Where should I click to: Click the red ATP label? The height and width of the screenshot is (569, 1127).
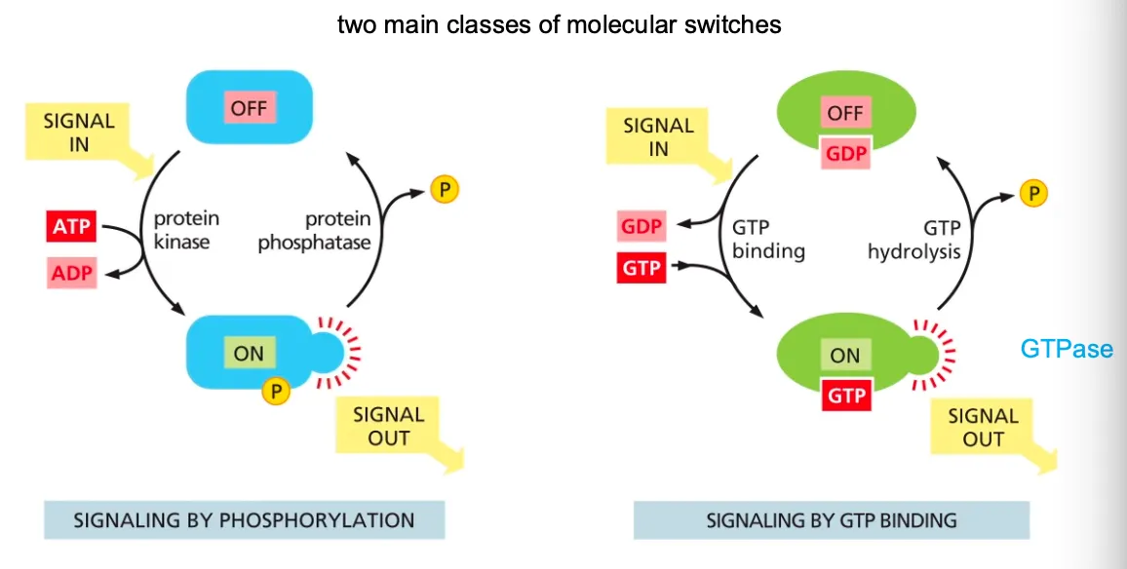pyautogui.click(x=71, y=227)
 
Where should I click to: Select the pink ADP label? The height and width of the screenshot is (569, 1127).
pyautogui.click(x=71, y=273)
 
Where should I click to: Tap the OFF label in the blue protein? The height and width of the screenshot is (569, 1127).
pyautogui.click(x=249, y=107)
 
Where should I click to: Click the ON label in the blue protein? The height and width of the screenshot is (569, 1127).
pyautogui.click(x=249, y=353)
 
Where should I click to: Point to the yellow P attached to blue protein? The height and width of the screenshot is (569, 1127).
pyautogui.click(x=277, y=392)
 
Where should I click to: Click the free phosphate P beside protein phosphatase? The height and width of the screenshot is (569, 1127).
pyautogui.click(x=443, y=189)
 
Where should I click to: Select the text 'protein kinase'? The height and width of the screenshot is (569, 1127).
pyautogui.click(x=184, y=229)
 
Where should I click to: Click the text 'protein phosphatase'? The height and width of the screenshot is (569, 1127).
pyautogui.click(x=314, y=230)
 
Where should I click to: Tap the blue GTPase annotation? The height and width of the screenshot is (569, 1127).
pyautogui.click(x=1067, y=348)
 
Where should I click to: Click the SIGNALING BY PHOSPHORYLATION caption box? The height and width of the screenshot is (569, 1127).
pyautogui.click(x=244, y=520)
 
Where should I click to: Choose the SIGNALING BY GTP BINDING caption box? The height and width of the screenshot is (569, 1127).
pyautogui.click(x=831, y=520)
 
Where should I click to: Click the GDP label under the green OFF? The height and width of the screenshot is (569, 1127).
pyautogui.click(x=844, y=153)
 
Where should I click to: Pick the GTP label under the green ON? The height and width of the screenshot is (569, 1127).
pyautogui.click(x=845, y=396)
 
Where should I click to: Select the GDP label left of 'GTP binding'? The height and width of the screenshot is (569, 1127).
pyautogui.click(x=641, y=227)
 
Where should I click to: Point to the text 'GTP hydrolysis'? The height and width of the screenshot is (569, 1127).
pyautogui.click(x=913, y=240)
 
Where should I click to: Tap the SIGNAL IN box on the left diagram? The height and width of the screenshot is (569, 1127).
pyautogui.click(x=83, y=135)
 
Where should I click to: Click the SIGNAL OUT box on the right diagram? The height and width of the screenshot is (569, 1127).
pyautogui.click(x=985, y=428)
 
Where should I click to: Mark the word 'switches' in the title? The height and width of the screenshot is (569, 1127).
pyautogui.click(x=733, y=23)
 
